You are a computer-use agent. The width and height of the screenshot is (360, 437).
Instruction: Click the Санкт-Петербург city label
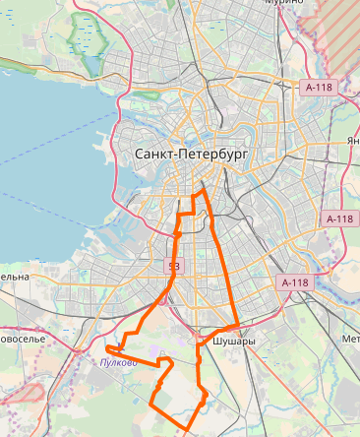pyautogui.click(x=189, y=156)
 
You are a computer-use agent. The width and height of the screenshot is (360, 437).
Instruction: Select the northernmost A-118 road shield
pyautogui.click(x=320, y=87)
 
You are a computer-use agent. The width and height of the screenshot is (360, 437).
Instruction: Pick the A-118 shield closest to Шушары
pyautogui.click(x=295, y=282)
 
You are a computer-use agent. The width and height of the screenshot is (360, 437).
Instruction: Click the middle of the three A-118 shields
pyautogui.click(x=339, y=218)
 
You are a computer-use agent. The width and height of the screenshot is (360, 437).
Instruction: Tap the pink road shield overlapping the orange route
pyautogui.click(x=174, y=266)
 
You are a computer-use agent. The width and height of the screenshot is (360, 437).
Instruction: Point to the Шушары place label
pyautogui.click(x=234, y=342)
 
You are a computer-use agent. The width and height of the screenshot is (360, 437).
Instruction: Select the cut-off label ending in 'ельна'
pyautogui.click(x=14, y=278)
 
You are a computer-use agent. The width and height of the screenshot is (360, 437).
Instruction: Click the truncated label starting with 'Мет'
pyautogui.click(x=350, y=340)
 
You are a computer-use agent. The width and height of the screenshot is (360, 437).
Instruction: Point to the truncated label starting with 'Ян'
pyautogui.click(x=352, y=141)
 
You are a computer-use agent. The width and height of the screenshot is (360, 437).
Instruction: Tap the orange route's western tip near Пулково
pyautogui.click(x=108, y=348)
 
